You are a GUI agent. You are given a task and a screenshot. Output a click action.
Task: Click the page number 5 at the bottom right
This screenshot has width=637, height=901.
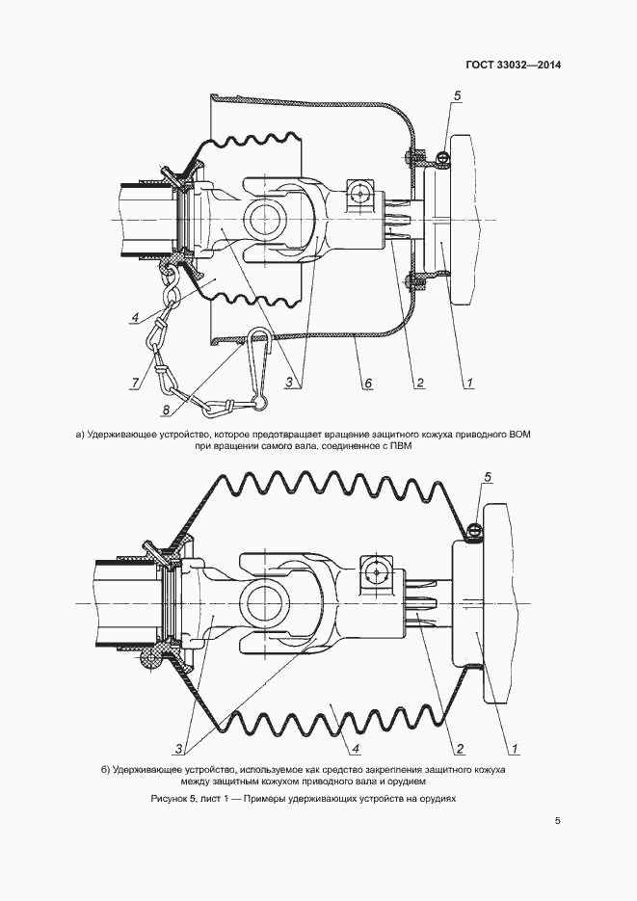pos(557,821)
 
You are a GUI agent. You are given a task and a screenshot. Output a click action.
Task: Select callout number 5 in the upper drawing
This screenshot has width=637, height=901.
pos(458,96)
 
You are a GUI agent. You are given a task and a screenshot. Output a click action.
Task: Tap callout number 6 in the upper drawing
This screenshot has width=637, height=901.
pos(367,384)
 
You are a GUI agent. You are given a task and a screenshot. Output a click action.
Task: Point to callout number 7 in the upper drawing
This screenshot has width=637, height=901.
pos(135,384)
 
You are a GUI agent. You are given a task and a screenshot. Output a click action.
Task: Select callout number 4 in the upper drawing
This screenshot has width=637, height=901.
pos(136,317)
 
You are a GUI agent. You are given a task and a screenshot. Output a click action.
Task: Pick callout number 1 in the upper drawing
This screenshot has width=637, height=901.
pos(468,384)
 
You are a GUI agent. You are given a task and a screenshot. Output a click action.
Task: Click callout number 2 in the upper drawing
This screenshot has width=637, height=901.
pos(420,384)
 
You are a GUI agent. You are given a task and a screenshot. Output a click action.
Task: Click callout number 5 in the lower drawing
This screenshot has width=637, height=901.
pos(487,477)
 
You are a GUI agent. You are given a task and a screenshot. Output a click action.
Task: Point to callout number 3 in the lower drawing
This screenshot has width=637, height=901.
pos(179,749)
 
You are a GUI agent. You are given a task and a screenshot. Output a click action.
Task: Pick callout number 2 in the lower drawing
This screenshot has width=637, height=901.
pos(461,749)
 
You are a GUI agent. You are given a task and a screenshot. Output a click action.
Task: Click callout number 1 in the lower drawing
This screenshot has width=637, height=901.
pos(514,749)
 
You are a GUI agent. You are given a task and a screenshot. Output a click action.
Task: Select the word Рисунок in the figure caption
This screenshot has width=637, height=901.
pos(173,799)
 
